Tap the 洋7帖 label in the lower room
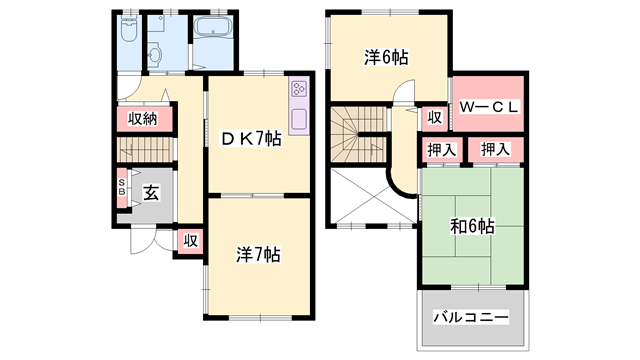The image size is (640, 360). pos(259,253)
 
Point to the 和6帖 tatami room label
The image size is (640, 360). pos(471,226)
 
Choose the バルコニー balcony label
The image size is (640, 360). pos(471,317)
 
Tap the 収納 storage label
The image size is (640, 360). pos(143,119)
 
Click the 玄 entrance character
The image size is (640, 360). pos(149,193)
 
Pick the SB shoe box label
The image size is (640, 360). pos(122,189)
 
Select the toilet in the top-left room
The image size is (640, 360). pos(128,32)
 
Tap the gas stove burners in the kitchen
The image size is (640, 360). pos(298,93)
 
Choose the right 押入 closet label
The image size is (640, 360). pos(495,150)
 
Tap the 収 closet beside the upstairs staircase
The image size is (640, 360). pos(435,117)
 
